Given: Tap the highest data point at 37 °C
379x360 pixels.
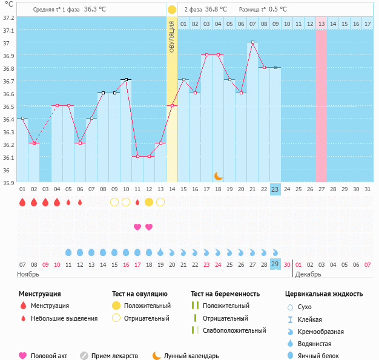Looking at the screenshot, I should coord(252,42).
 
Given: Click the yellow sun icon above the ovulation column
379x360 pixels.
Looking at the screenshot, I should coord(172,10).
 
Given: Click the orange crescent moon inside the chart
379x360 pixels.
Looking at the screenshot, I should coord(218,175).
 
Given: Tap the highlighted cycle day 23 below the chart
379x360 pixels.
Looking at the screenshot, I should coord(275,189).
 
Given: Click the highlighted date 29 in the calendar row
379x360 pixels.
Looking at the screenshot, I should coord(275,265).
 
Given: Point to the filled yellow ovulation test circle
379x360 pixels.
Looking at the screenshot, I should coord(149,202).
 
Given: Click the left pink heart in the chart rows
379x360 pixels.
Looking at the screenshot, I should coord(137,227).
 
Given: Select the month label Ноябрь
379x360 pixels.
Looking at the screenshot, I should coord(28,274).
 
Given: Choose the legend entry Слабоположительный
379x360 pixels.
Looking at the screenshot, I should coord(234,330).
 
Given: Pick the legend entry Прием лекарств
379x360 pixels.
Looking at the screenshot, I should coord(114,356).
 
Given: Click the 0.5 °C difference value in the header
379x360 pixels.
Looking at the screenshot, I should coord(278,10).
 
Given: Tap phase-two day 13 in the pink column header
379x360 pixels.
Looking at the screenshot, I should coord(321,24).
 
